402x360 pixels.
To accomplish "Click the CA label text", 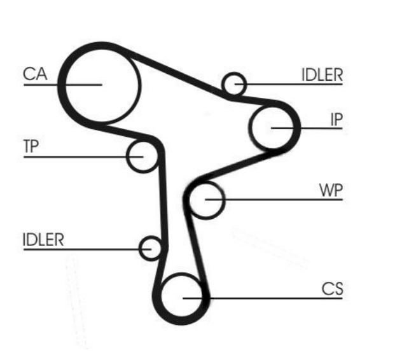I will click(36, 74).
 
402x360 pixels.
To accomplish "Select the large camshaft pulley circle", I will click(101, 83).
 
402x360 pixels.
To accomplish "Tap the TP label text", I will click(31, 146).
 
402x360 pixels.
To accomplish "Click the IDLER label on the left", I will click(44, 240).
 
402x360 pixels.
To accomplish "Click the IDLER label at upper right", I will click(322, 74).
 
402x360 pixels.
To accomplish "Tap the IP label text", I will click(336, 120).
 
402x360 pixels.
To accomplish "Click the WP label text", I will click(331, 191).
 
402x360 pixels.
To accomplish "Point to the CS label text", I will click(332, 289).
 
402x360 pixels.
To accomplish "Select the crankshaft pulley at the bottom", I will click(182, 297).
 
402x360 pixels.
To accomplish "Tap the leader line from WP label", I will click(280, 200).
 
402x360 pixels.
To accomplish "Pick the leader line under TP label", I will click(76, 156).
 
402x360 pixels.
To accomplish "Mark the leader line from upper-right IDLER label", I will click(293, 84).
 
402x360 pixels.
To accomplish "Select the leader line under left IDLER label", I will click(83, 249).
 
